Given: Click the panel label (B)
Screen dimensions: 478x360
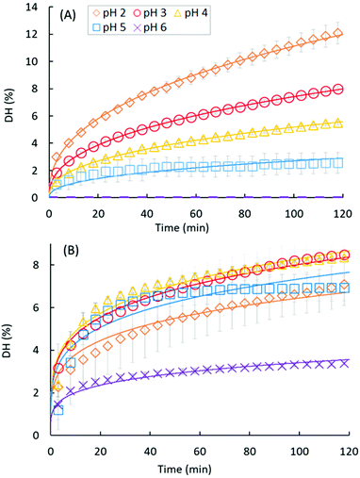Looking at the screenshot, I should [69, 253].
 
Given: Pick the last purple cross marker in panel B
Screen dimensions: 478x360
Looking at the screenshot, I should [345, 362].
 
